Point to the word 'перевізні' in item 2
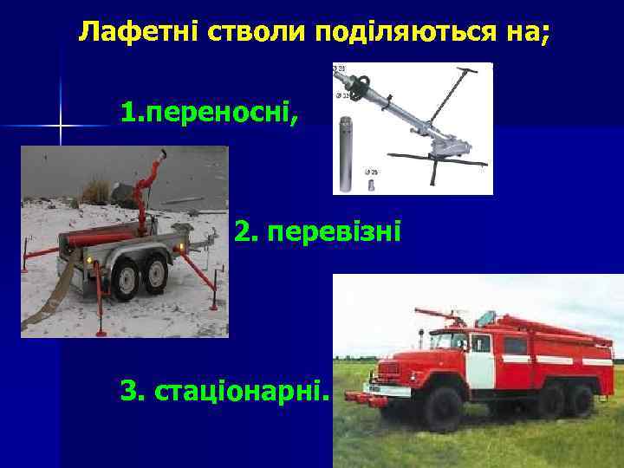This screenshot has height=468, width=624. click(x=334, y=232)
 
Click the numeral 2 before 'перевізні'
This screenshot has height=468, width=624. click(x=245, y=232)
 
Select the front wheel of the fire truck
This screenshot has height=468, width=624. click(x=445, y=408)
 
